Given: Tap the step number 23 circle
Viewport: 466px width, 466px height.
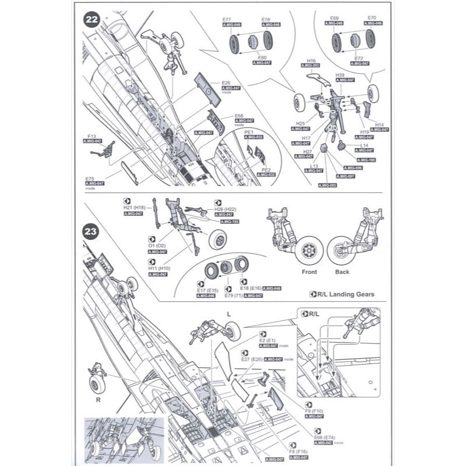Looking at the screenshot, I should point(90,232).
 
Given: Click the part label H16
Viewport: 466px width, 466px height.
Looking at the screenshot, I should point(310,61).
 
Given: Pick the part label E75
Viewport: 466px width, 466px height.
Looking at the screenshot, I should point(90,178).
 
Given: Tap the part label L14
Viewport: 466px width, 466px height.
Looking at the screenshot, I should point(364,145).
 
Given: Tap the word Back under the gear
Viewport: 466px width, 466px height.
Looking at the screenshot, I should point(343,272).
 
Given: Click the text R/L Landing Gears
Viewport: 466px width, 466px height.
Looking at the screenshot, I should point(349,295).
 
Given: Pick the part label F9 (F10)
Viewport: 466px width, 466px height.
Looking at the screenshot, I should point(314,410).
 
